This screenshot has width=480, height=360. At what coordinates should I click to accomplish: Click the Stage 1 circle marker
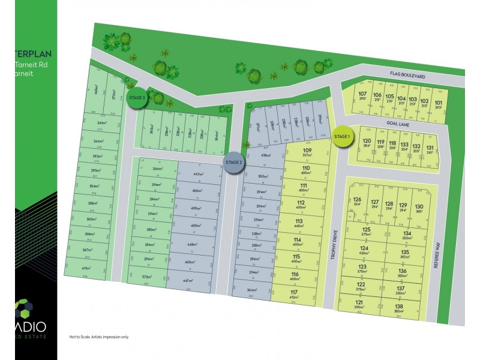[x=342, y=137]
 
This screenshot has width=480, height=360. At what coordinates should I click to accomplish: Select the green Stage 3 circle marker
[x=137, y=97]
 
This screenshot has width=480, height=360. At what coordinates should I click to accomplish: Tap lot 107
[x=362, y=97]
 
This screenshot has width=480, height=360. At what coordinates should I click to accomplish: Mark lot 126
[x=358, y=202]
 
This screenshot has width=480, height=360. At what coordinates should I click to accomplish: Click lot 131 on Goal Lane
[x=430, y=149]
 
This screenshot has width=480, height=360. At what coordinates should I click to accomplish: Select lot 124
[x=364, y=250]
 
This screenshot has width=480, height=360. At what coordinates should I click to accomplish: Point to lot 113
[x=298, y=224]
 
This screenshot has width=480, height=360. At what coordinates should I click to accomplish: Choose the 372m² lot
[x=147, y=277]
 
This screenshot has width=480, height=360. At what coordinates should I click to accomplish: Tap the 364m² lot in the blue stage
[x=251, y=291]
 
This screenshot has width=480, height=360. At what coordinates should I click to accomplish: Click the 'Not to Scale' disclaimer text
[x=99, y=336]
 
